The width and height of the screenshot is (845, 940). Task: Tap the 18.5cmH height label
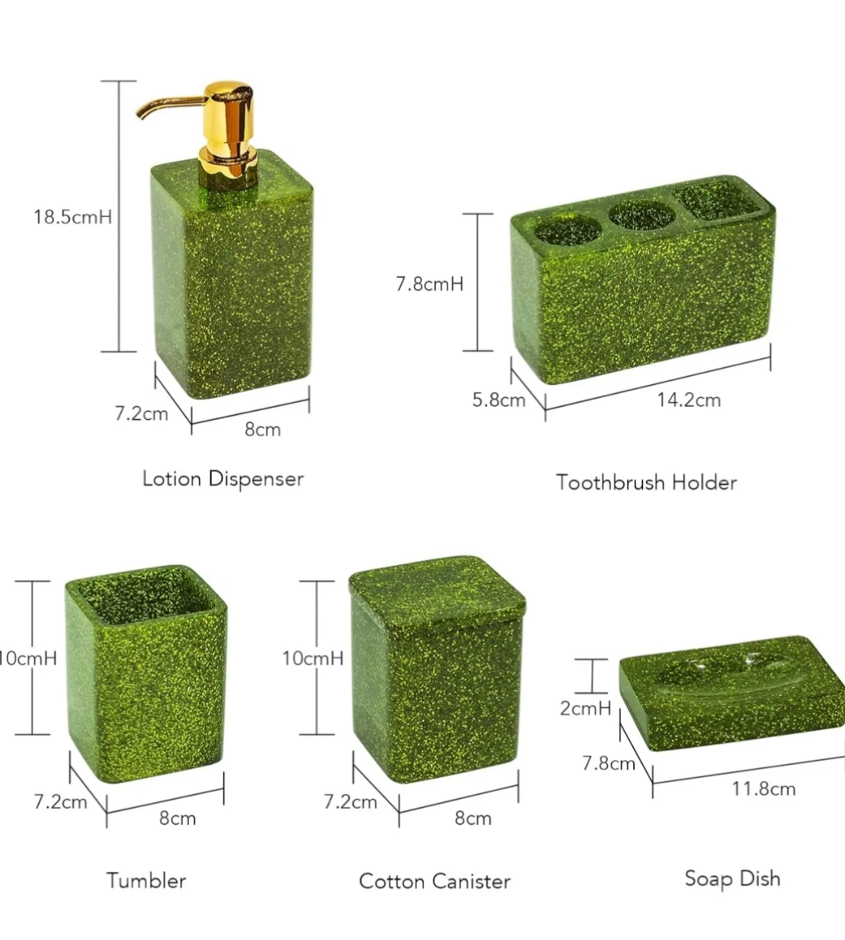tap(72, 217)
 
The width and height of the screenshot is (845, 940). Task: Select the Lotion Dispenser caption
tap(223, 478)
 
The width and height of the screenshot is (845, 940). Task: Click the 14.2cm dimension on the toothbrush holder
tap(688, 399)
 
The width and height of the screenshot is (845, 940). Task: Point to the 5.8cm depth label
tap(499, 399)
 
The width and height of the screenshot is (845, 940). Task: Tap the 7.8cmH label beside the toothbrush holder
tap(429, 284)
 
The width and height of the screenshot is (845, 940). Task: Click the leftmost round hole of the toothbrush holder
tap(567, 228)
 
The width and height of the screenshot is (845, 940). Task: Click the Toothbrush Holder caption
tap(646, 482)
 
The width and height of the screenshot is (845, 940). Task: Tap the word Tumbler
tap(146, 881)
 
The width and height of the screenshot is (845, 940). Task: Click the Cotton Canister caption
tap(434, 881)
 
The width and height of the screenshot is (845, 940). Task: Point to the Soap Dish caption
tap(732, 879)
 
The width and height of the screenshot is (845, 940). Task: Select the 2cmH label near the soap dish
tap(585, 708)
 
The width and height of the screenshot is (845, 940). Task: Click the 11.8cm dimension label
tap(763, 789)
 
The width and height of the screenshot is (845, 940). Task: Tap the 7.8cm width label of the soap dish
tap(608, 762)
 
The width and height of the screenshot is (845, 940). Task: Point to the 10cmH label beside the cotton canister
tap(312, 658)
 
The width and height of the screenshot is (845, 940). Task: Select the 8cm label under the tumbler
tap(178, 818)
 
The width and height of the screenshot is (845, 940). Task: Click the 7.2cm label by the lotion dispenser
tap(141, 413)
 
